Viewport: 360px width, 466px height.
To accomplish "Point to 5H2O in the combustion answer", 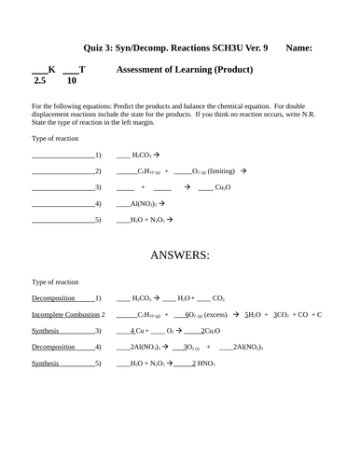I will tap(256, 315).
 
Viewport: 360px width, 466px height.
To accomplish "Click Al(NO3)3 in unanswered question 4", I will tap(142, 203).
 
